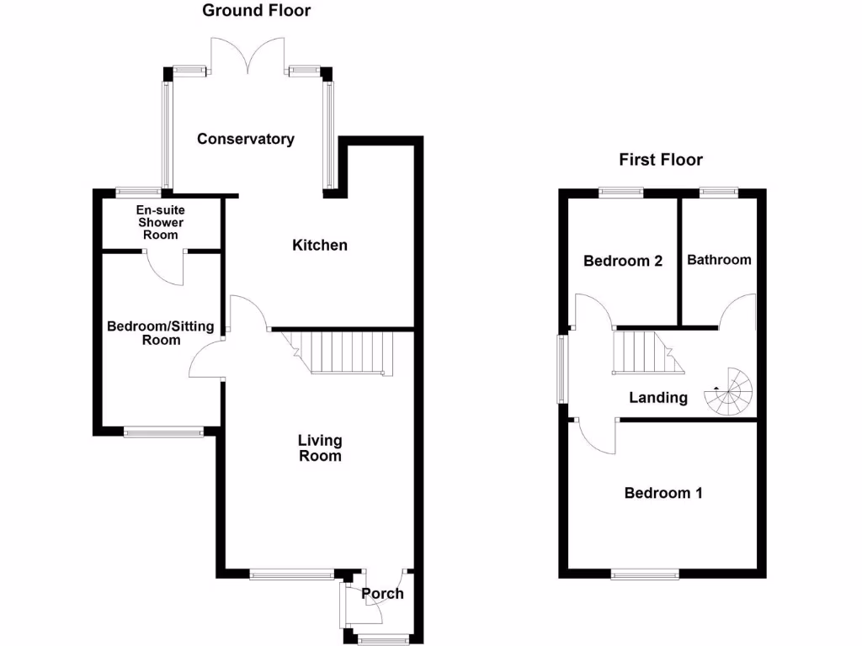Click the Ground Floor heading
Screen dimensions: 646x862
pyautogui.click(x=245, y=11)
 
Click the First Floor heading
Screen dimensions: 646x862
pyautogui.click(x=661, y=160)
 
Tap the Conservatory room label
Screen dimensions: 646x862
pyautogui.click(x=246, y=139)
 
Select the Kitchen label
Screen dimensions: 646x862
pyautogui.click(x=319, y=246)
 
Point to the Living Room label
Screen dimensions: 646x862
pyautogui.click(x=320, y=448)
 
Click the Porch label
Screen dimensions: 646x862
pyautogui.click(x=382, y=594)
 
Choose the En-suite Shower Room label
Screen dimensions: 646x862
pyautogui.click(x=160, y=222)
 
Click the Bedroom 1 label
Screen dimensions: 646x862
pyautogui.click(x=662, y=493)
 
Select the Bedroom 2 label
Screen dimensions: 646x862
pyautogui.click(x=623, y=261)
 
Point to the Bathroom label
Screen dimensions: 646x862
pyautogui.click(x=719, y=260)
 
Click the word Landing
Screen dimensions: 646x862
pyautogui.click(x=658, y=398)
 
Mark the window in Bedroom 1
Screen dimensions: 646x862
pyautogui.click(x=645, y=575)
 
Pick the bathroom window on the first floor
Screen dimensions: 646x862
pyautogui.click(x=718, y=193)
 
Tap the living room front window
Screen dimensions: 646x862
pyautogui.click(x=292, y=575)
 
